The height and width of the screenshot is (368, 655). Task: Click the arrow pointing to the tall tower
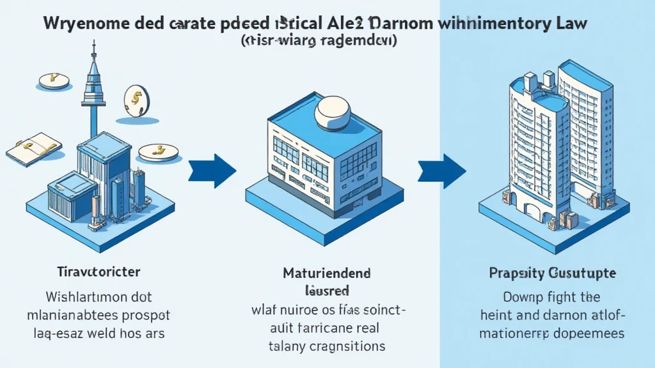[441, 171]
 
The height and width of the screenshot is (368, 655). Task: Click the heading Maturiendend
[327, 273]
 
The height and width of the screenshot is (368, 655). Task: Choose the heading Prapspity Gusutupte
[552, 273]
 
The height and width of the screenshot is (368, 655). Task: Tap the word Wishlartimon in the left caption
[76, 297]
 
